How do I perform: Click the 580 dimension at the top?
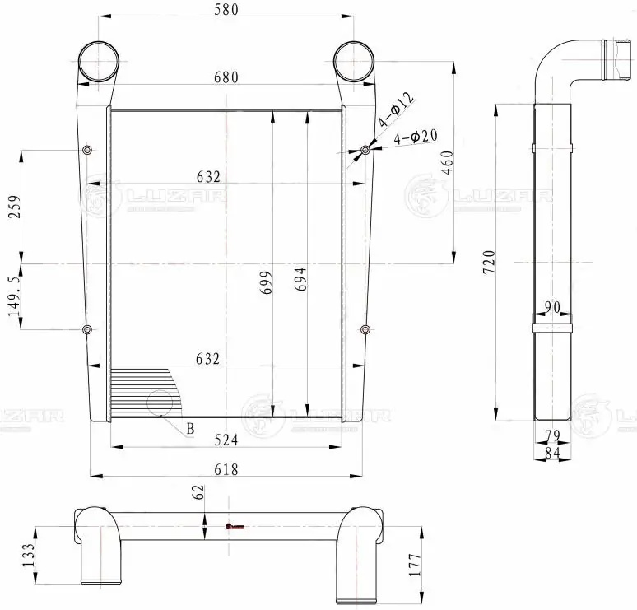coord(225,11)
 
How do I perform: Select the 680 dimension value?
coord(225,77)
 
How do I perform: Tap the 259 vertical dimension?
coord(14,207)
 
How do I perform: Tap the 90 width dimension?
coord(552,307)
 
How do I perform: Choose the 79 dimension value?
coord(552,435)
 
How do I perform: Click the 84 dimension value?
coord(552,451)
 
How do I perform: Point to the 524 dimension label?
coord(225,440)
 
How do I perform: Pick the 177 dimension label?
coord(414,564)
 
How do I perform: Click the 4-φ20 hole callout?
coord(416,137)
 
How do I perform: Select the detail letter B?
coord(190,428)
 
